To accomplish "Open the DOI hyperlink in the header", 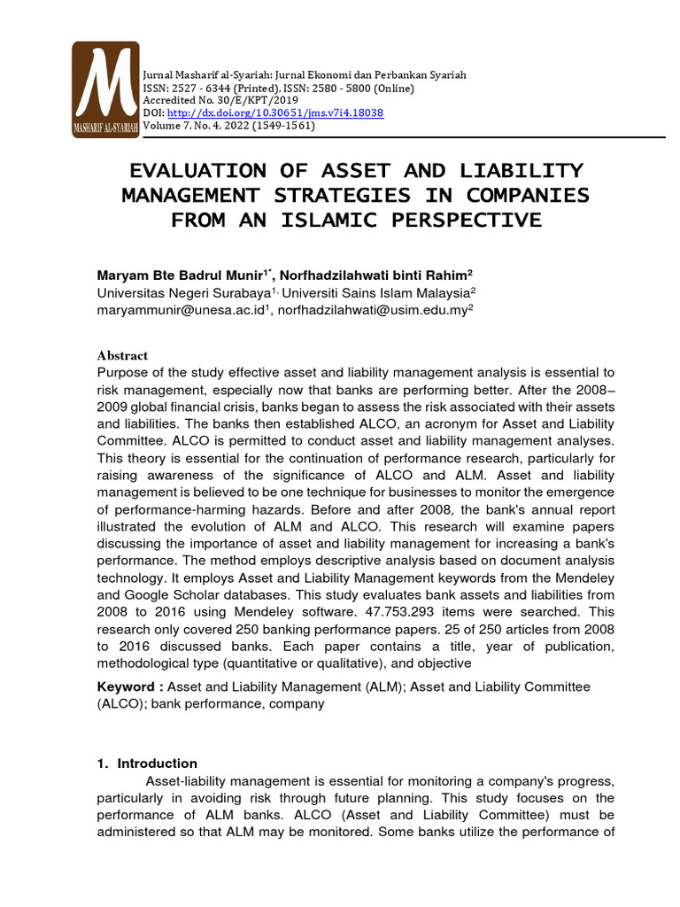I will pyautogui.click(x=274, y=113).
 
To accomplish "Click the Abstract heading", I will pyautogui.click(x=122, y=355).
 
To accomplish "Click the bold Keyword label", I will pyautogui.click(x=129, y=686).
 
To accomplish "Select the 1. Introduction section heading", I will pyautogui.click(x=147, y=764).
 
